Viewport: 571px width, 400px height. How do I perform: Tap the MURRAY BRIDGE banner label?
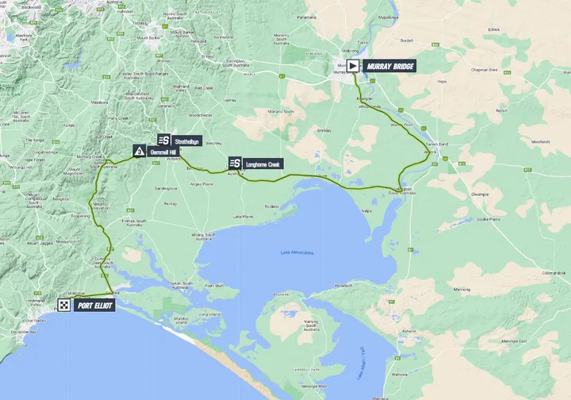[389, 67]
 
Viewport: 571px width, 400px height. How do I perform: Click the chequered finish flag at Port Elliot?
[64, 305]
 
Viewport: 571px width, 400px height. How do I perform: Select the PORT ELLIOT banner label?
[94, 305]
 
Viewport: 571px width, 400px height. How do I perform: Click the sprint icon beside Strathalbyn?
[163, 140]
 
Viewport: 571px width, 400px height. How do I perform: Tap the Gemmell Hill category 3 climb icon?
[140, 151]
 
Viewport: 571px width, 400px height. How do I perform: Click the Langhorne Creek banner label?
[263, 163]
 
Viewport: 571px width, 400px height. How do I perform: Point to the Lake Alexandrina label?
[297, 252]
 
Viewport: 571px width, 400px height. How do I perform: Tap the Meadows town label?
[99, 102]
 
